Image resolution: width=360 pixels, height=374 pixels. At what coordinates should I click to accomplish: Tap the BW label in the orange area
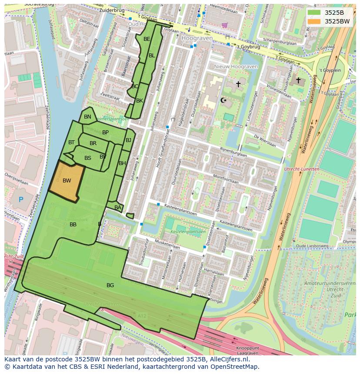[67, 181]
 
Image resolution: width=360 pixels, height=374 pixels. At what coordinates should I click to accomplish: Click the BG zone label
[110, 285]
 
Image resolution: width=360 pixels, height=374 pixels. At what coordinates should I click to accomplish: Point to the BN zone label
[87, 117]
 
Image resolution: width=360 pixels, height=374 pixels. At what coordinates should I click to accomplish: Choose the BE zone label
[147, 39]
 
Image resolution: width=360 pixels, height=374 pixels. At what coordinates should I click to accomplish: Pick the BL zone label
[152, 56]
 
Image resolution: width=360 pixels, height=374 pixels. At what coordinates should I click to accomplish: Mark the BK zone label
[140, 101]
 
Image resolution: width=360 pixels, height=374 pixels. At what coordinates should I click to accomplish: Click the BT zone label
[71, 142]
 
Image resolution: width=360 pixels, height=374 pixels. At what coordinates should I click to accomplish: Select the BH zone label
[122, 163]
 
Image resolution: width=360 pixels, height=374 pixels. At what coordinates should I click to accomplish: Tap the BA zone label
[118, 208]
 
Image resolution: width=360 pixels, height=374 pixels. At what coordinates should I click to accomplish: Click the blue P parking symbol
[21, 200]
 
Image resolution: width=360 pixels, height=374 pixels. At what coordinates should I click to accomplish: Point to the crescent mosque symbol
[224, 100]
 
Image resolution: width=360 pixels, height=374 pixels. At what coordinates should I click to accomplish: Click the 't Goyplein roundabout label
[330, 70]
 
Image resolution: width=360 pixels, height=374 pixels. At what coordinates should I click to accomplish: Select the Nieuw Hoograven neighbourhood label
[236, 67]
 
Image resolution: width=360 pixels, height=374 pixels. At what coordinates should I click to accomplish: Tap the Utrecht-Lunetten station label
[301, 169]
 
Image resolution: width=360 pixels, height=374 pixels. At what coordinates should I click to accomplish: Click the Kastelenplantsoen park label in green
[188, 232]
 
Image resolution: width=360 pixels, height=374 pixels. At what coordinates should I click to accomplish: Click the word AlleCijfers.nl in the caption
[227, 360]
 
